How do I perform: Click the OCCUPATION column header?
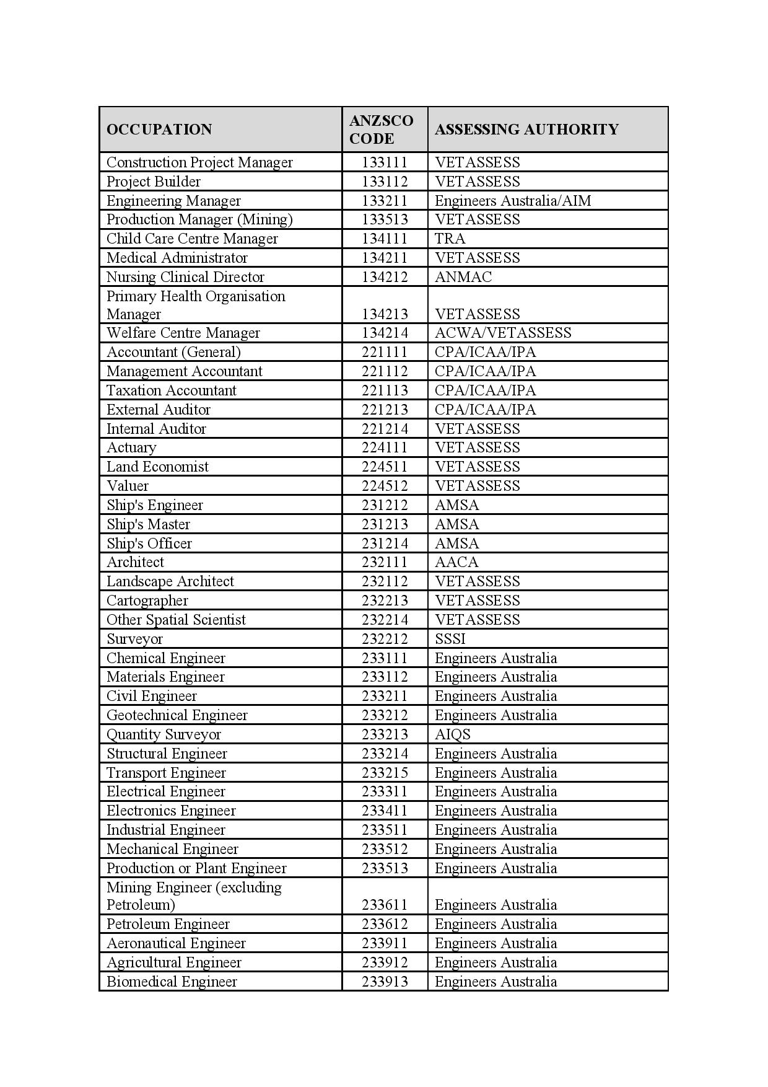159,130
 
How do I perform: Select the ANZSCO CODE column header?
381,130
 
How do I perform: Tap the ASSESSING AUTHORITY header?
526,130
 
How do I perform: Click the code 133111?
385,162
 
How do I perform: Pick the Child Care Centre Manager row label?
192,239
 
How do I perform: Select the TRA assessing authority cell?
450,239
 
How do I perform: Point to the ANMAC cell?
463,277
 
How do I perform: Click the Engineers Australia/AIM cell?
513,201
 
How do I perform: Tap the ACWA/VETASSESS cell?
503,333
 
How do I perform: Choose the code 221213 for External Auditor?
385,410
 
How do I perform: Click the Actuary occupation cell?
131,447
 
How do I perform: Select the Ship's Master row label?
148,524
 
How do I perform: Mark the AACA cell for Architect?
456,562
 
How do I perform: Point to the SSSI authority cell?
450,639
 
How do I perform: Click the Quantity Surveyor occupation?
164,734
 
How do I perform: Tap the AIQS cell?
453,734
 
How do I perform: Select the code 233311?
385,791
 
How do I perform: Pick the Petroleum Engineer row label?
168,924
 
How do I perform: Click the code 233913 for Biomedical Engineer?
385,982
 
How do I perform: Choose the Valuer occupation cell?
128,486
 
